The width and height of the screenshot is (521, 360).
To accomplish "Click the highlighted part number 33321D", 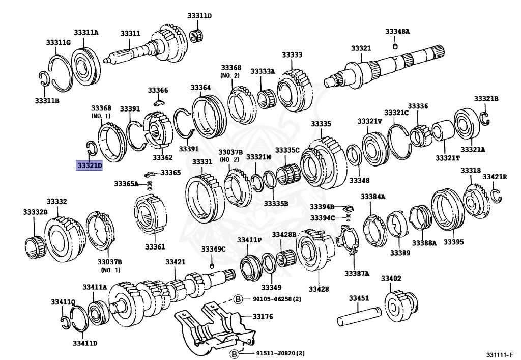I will (x=90, y=165).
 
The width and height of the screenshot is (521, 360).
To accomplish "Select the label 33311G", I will (x=58, y=42).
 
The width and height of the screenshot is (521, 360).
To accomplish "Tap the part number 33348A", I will (x=397, y=32).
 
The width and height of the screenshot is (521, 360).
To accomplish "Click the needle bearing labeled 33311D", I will (x=194, y=37).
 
